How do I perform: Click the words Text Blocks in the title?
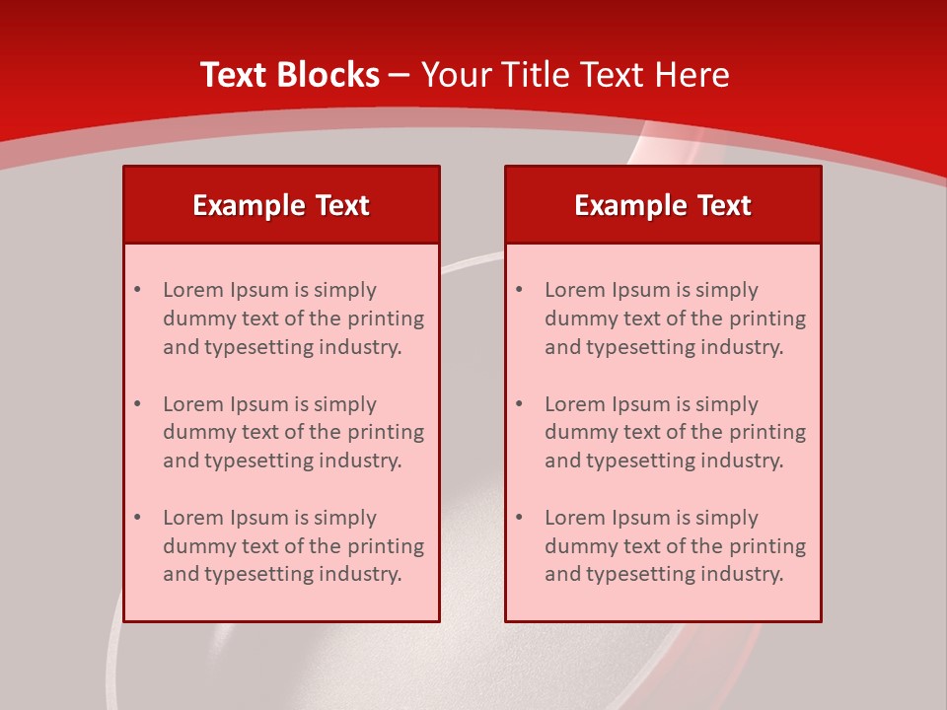[290, 75]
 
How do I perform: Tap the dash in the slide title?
[400, 76]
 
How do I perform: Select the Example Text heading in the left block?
[281, 205]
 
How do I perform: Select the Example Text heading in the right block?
[663, 205]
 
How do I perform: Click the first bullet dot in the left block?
[137, 290]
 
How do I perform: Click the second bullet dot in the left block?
[137, 404]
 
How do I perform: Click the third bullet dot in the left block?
[137, 518]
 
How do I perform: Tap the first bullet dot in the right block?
[519, 290]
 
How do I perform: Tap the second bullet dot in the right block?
[519, 404]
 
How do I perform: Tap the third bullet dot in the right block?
[519, 518]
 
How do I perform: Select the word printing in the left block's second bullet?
[385, 432]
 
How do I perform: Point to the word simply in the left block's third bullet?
[343, 519]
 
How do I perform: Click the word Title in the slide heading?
[539, 75]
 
